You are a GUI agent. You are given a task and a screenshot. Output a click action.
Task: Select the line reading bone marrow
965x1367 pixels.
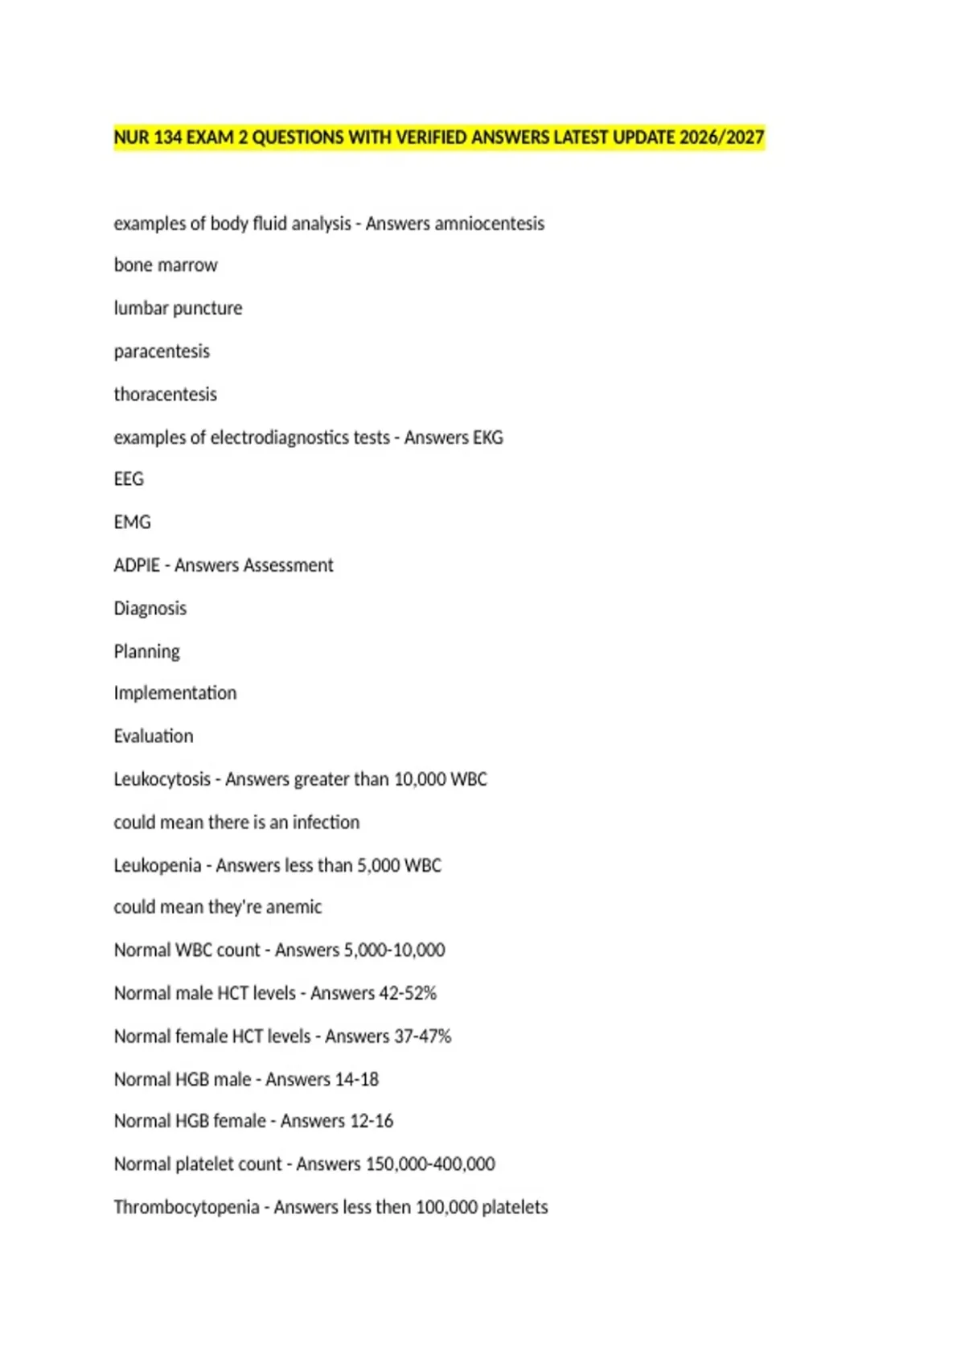(166, 265)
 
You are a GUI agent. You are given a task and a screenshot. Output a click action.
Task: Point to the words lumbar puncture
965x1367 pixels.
(178, 309)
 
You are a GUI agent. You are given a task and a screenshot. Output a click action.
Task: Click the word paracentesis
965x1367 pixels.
(162, 351)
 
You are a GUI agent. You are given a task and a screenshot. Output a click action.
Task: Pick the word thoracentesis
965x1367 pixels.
(166, 395)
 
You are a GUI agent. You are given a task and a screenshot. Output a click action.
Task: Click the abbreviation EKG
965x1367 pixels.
(488, 437)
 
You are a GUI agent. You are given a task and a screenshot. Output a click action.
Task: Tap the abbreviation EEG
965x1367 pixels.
(129, 479)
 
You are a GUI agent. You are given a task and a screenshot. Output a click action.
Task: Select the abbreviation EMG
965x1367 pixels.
(132, 523)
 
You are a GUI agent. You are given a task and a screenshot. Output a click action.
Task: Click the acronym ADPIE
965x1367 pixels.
(137, 565)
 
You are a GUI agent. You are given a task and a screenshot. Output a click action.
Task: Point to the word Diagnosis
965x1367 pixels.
(150, 609)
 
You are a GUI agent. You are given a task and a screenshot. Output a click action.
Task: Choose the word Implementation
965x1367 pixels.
(175, 693)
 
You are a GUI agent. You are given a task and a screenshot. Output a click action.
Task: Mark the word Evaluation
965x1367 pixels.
(154, 737)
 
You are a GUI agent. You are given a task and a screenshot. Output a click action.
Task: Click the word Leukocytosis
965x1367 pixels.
(162, 779)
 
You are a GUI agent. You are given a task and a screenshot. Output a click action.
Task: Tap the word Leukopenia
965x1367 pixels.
(158, 865)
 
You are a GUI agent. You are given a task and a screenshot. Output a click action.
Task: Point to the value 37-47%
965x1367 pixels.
(422, 1037)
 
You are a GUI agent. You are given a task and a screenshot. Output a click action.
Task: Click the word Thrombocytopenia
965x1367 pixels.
(187, 1207)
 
